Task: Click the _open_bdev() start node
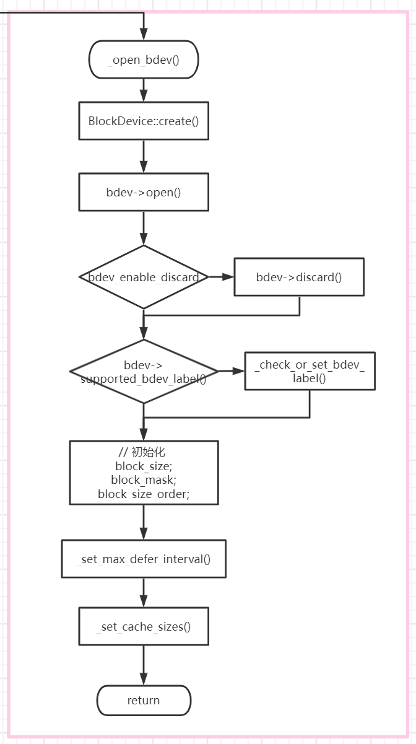pyautogui.click(x=144, y=60)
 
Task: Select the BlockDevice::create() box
pyautogui.click(x=144, y=121)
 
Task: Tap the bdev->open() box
pyautogui.click(x=144, y=192)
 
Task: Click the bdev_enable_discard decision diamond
pyautogui.click(x=144, y=277)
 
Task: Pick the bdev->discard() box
pyautogui.click(x=298, y=277)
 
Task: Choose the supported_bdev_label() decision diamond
pyautogui.click(x=144, y=372)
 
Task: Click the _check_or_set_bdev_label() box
pyautogui.click(x=310, y=371)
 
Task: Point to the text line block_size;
pyautogui.click(x=144, y=466)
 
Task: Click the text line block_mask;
pyautogui.click(x=144, y=480)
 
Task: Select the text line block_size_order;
pyautogui.click(x=144, y=494)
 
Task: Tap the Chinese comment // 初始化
pyautogui.click(x=144, y=452)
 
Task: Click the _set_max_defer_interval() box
pyautogui.click(x=144, y=559)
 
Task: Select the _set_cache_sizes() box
pyautogui.click(x=144, y=626)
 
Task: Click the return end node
pyautogui.click(x=144, y=701)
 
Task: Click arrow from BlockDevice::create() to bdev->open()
pyautogui.click(x=144, y=156)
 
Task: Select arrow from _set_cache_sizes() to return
pyautogui.click(x=144, y=665)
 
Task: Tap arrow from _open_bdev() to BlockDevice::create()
pyautogui.click(x=144, y=90)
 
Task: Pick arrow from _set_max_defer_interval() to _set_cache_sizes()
pyautogui.click(x=144, y=593)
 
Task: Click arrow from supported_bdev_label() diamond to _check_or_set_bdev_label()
pyautogui.click(x=232, y=371)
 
